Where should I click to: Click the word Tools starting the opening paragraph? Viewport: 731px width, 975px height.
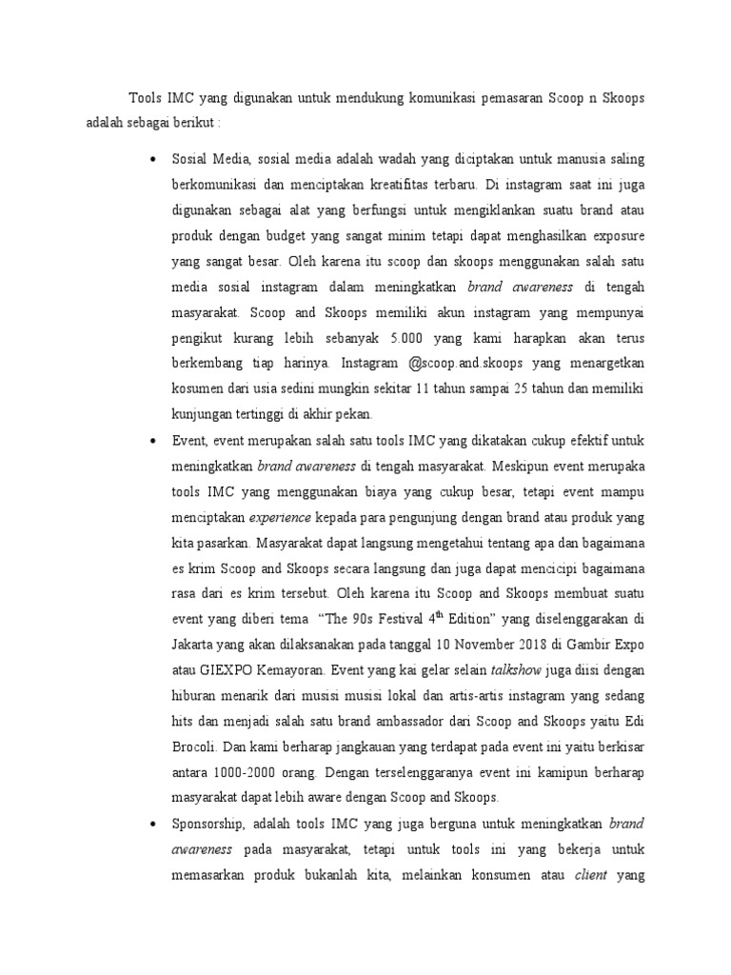pyautogui.click(x=146, y=99)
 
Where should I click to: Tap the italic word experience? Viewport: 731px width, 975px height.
pyautogui.click(x=280, y=518)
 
